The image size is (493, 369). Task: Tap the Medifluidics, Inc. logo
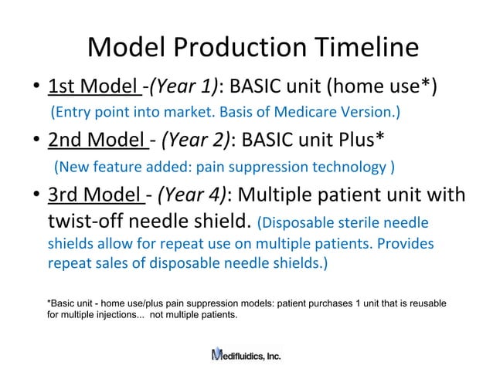pyautogui.click(x=246, y=354)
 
